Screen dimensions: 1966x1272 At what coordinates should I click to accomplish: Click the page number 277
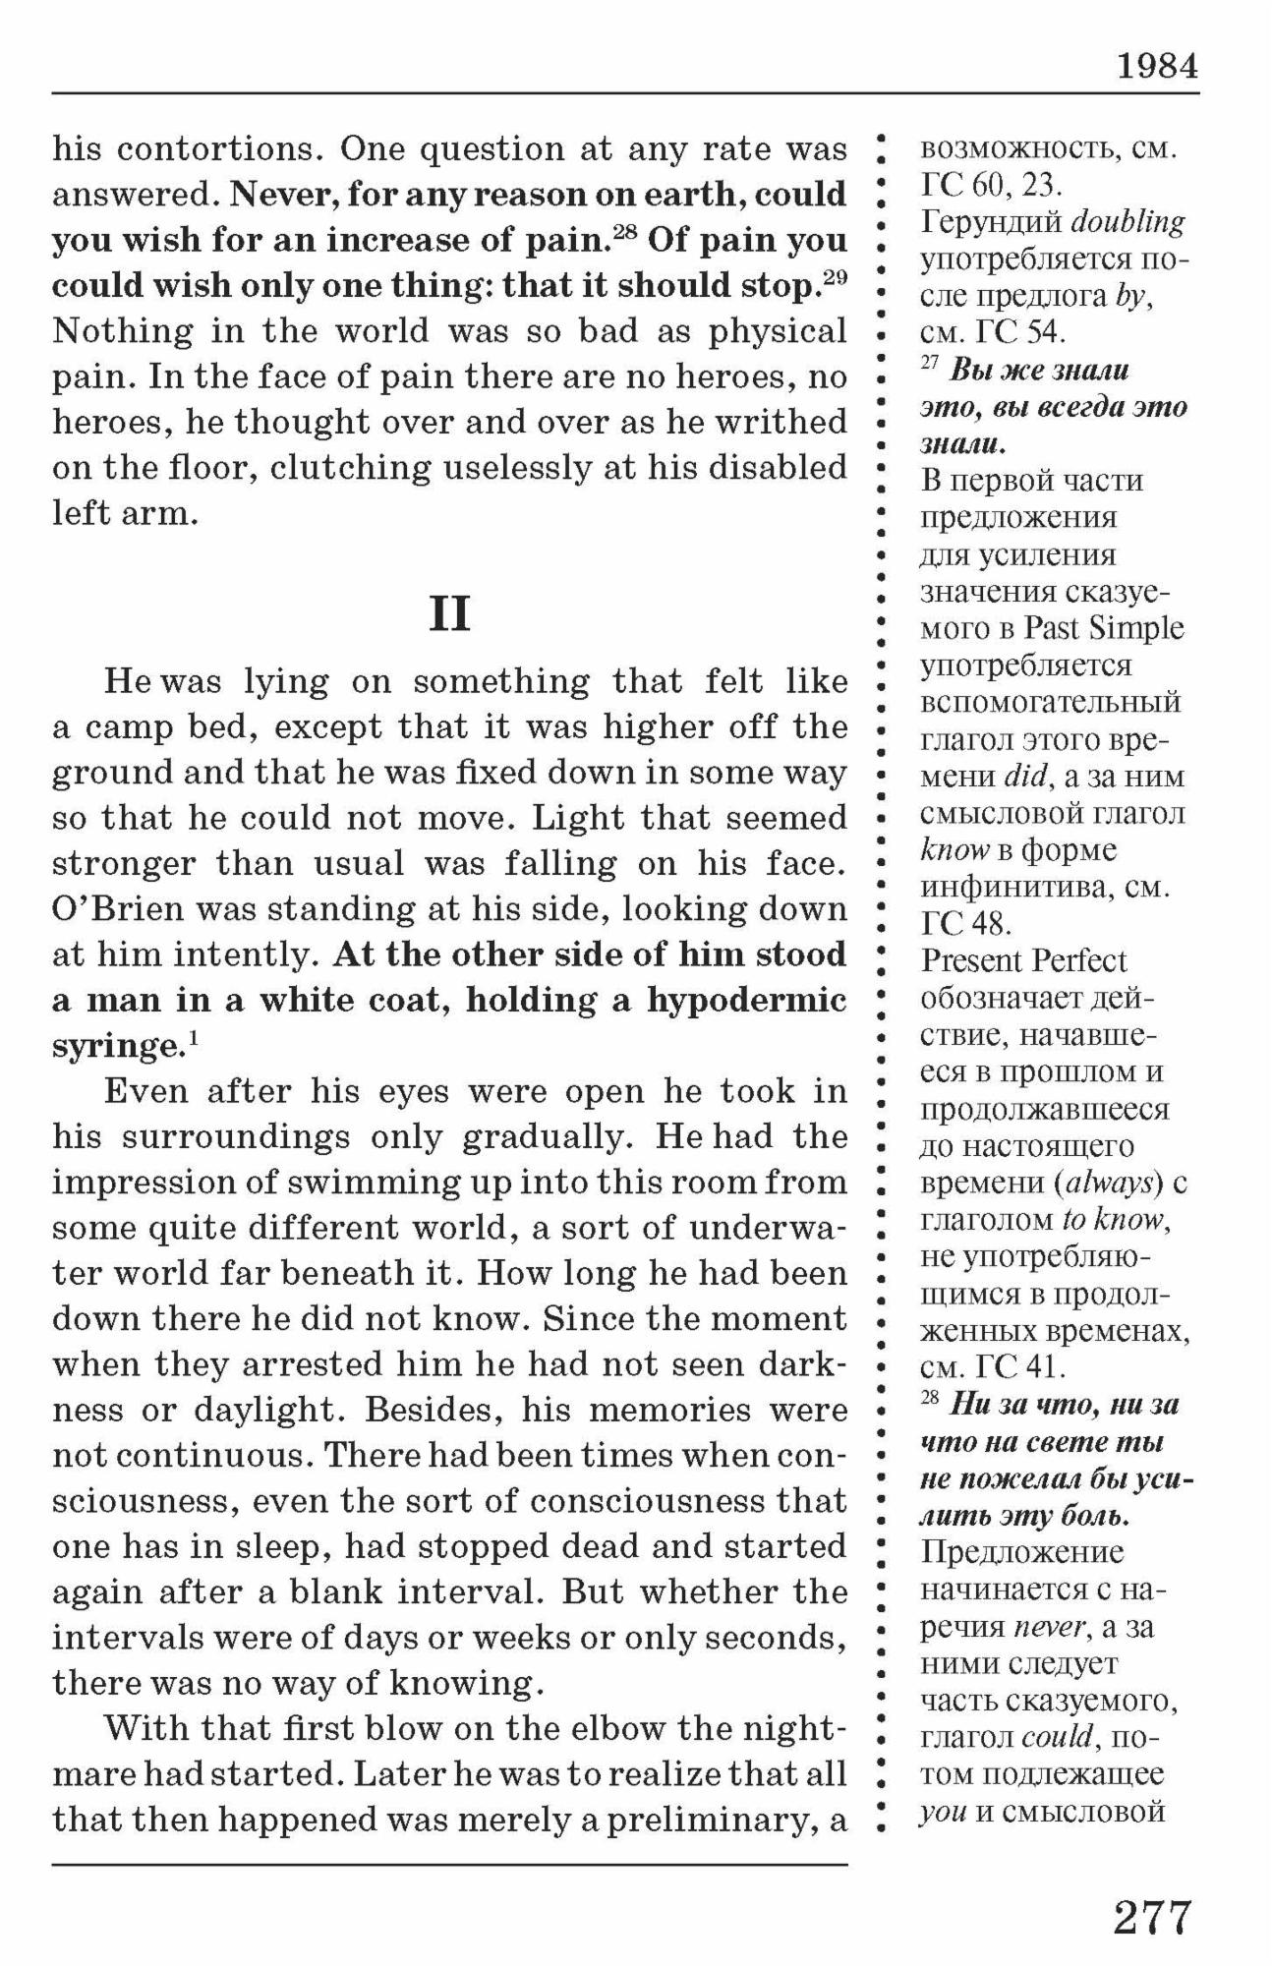click(1152, 1918)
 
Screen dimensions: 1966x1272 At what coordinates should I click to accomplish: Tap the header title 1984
click(1157, 66)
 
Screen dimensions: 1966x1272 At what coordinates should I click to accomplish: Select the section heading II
click(449, 614)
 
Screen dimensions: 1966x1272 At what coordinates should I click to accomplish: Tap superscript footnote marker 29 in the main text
click(835, 277)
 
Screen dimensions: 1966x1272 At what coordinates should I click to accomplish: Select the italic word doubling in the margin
click(1127, 222)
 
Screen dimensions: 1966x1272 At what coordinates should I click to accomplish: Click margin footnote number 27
click(929, 364)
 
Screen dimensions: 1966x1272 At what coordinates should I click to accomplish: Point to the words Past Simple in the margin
click(1104, 628)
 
